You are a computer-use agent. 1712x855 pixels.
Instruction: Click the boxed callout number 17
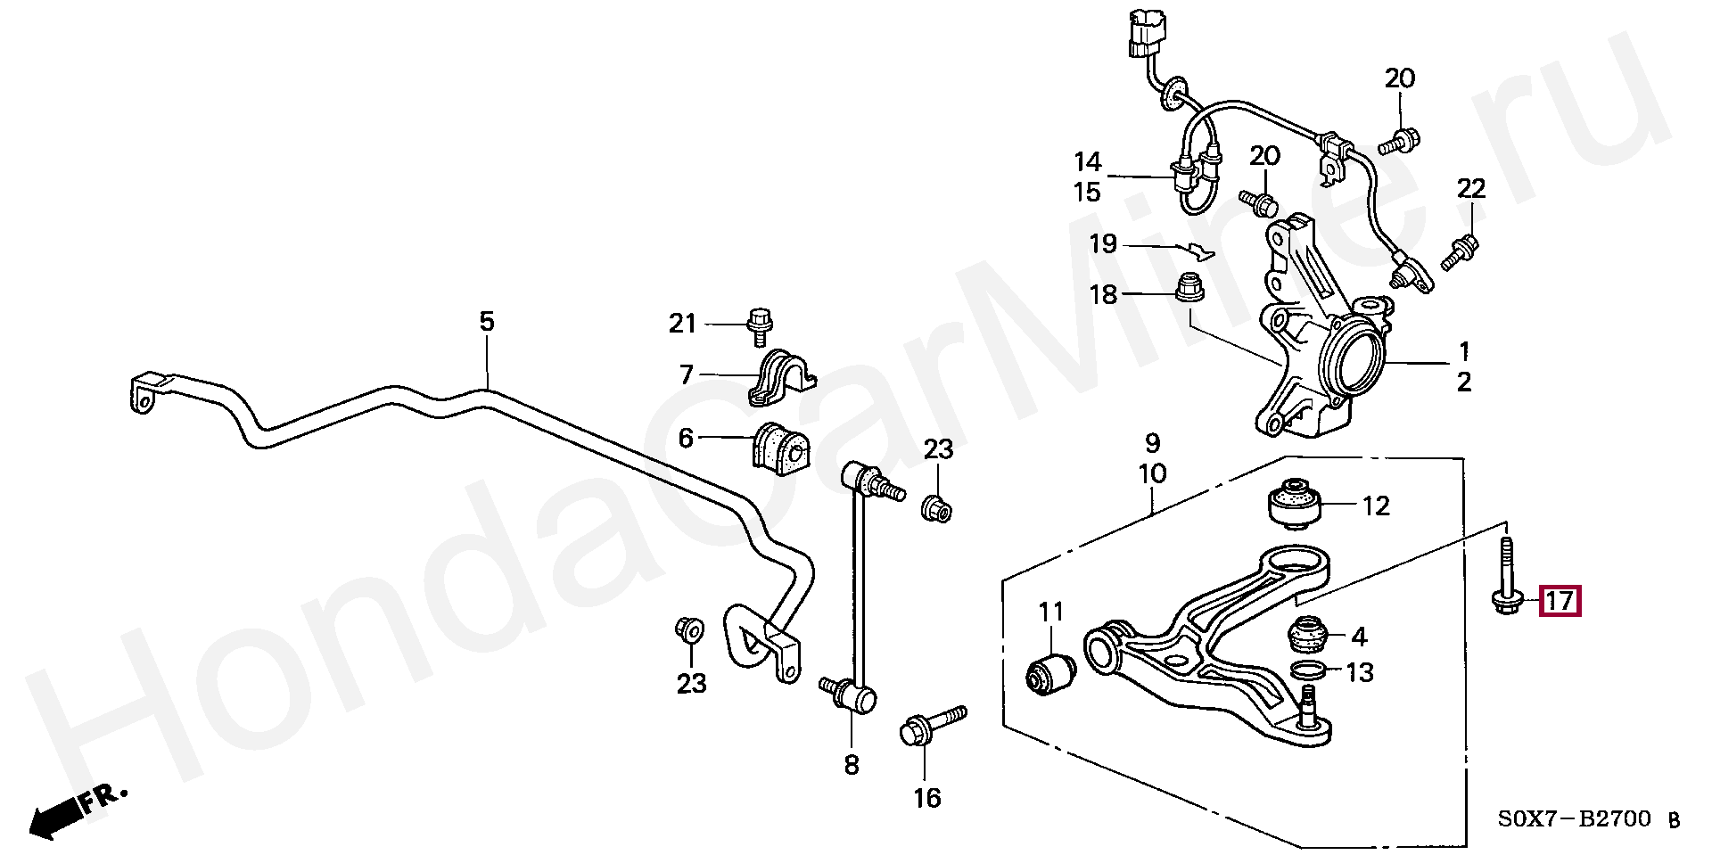click(x=1560, y=601)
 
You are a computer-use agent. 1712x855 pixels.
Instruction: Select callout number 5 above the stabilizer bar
click(x=486, y=321)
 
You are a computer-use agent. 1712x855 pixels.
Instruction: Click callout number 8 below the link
click(x=852, y=764)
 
